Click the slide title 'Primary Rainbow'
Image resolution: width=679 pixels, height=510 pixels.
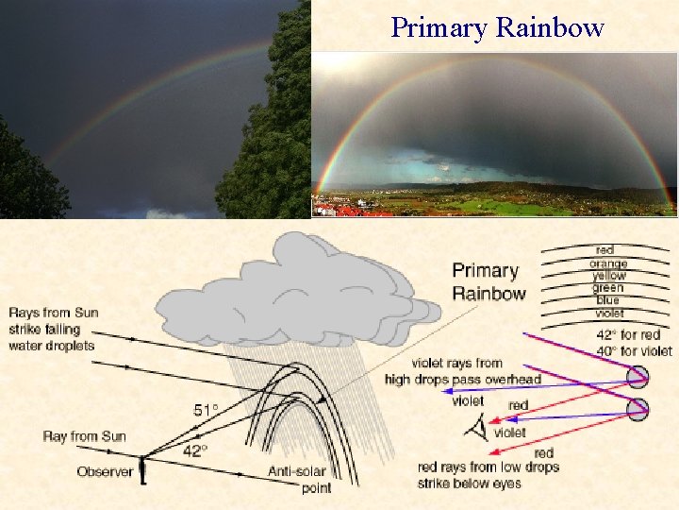[x=497, y=27]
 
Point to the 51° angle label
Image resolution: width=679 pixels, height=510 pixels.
[x=205, y=411]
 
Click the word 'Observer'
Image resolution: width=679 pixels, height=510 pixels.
[x=105, y=471]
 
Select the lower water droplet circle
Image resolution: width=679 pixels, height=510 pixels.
[x=638, y=409]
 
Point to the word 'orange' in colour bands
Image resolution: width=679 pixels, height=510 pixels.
[x=608, y=263]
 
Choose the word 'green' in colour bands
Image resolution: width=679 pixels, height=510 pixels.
[x=608, y=288]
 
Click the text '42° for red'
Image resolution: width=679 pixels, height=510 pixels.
[x=628, y=334]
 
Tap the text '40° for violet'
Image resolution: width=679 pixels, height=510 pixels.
[x=634, y=350]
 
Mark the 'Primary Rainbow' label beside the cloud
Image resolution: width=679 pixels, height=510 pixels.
[x=489, y=282]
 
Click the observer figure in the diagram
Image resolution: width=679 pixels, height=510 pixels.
[x=143, y=469]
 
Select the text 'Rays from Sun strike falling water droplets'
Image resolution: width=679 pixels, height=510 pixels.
[x=54, y=329]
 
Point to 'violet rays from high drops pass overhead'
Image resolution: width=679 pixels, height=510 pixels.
[x=462, y=371]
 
